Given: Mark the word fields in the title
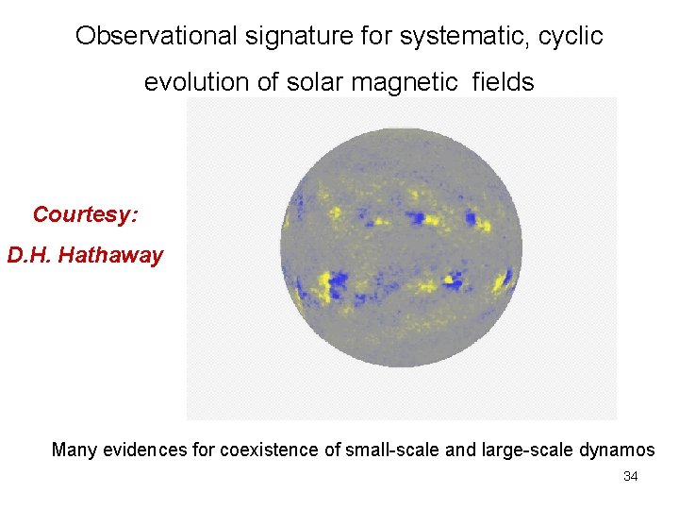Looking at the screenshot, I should click(506, 82).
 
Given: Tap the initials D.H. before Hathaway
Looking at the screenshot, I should click(31, 255).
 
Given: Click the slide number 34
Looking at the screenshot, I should click(631, 476).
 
